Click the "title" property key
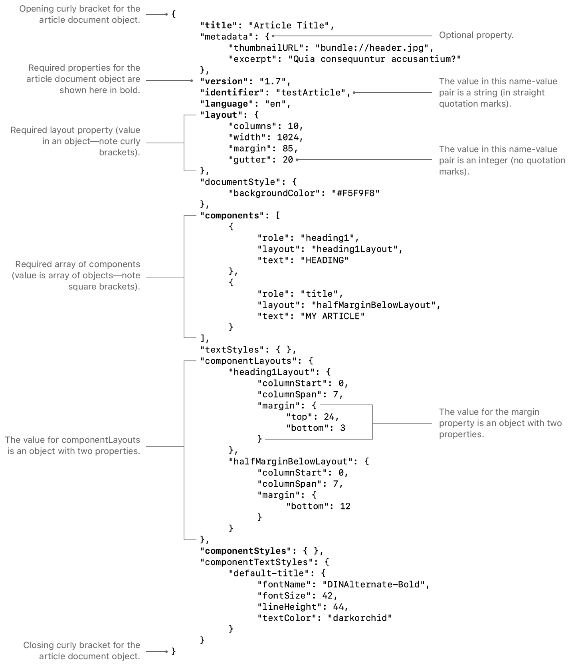pyautogui.click(x=218, y=26)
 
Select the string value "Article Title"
pyautogui.click(x=289, y=26)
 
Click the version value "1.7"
pyautogui.click(x=273, y=81)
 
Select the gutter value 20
pyautogui.click(x=288, y=160)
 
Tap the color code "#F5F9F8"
pyautogui.click(x=355, y=193)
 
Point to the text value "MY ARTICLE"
pyautogui.click(x=332, y=316)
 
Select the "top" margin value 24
pyautogui.click(x=329, y=417)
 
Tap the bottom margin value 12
pyautogui.click(x=345, y=506)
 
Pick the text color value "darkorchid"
pyautogui.click(x=360, y=618)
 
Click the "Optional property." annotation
pyautogui.click(x=476, y=35)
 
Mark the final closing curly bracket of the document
pyautogui.click(x=174, y=651)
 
